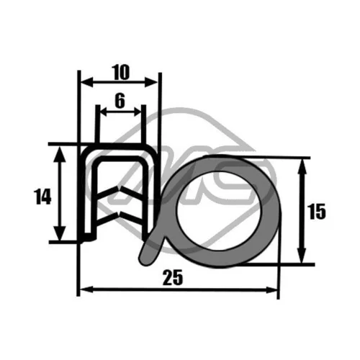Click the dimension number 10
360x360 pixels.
tap(122, 72)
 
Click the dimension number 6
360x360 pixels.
tap(120, 100)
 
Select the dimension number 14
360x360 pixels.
tap(42, 197)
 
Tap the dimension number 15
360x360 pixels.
tap(317, 212)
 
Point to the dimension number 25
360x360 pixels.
tap(173, 277)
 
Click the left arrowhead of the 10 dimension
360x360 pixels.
tap(86, 82)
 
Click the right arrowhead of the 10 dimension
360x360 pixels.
tap(151, 82)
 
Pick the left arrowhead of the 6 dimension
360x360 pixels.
tap(104, 112)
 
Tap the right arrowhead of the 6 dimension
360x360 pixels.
tap(138, 112)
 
